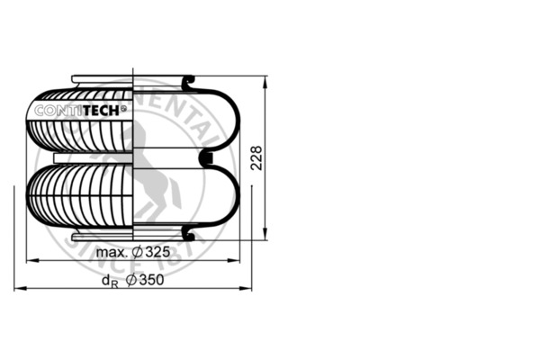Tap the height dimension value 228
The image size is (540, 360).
pos(256,159)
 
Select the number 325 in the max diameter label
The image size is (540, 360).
pos(157,252)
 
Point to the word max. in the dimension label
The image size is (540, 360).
pos(112,252)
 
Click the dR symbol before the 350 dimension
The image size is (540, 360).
pos(109,282)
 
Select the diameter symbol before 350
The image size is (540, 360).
pos(131,281)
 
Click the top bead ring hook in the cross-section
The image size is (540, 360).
pos(190,84)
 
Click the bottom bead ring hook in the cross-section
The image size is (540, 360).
pos(190,234)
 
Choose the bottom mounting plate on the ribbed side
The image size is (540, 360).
pos(102,238)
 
